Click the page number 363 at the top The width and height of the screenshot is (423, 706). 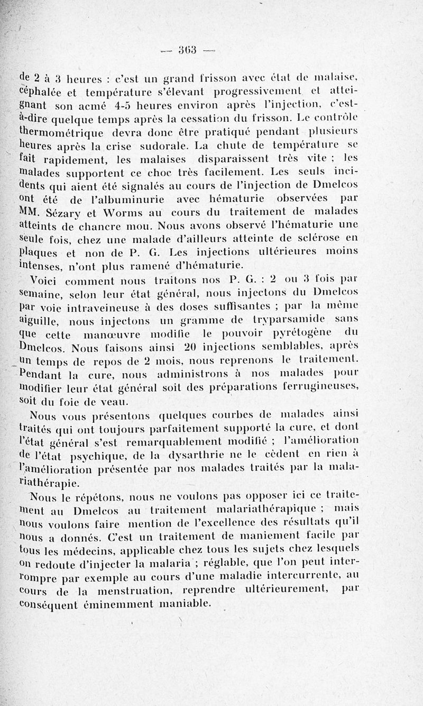187,51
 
